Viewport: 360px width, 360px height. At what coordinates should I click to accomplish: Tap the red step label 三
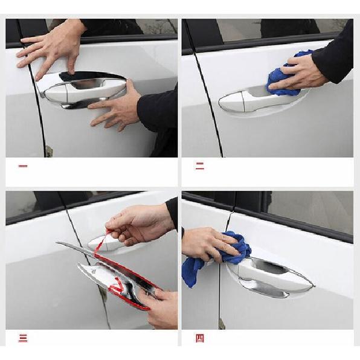(23, 338)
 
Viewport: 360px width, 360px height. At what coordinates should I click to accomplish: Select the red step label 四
(199, 338)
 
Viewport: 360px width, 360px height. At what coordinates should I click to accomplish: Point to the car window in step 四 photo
(308, 211)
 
